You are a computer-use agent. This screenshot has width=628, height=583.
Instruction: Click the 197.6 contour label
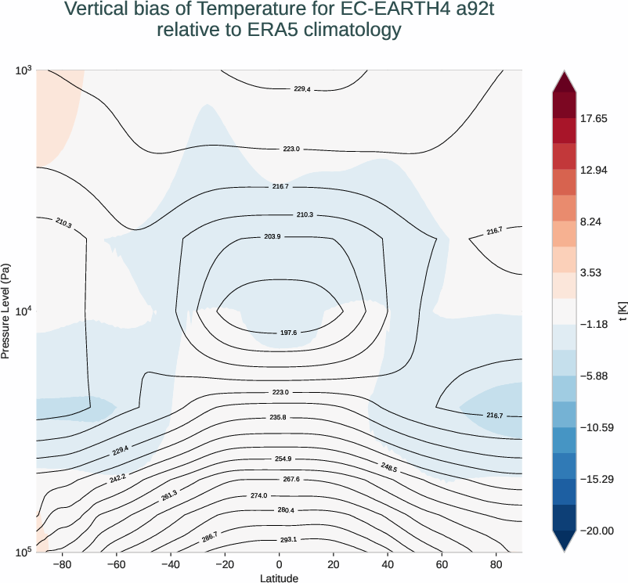point(288,333)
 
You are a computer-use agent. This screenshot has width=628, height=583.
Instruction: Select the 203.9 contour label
point(272,236)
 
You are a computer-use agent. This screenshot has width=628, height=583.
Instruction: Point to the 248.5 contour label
point(388,468)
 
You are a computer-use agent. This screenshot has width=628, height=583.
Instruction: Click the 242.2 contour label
point(117,477)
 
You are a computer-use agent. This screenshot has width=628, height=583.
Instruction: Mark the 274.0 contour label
point(280,496)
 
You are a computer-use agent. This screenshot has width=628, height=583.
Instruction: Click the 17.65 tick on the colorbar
point(597,119)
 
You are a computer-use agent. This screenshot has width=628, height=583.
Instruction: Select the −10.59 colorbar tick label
point(597,427)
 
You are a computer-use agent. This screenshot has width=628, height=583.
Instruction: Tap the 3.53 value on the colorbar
point(594,273)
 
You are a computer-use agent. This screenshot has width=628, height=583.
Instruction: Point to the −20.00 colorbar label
point(597,531)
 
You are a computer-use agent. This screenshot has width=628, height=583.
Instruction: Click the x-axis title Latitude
point(279,578)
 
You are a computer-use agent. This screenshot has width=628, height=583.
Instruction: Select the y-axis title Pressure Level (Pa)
point(6,311)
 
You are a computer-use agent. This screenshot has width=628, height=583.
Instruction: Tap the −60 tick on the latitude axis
point(115,563)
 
